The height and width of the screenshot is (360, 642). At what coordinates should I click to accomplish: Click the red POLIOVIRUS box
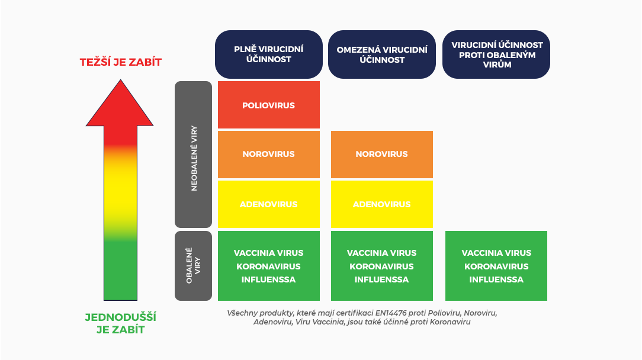tap(269, 105)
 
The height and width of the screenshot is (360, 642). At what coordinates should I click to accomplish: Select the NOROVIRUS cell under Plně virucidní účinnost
tap(269, 155)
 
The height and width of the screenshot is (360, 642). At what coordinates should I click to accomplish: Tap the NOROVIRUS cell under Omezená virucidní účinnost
tap(381, 155)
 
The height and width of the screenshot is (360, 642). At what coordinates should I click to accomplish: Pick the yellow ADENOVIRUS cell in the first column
tap(269, 204)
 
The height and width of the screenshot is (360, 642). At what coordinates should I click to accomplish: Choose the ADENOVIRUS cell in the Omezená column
tap(381, 204)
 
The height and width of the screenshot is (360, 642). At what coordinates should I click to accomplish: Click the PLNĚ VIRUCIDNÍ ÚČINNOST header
tap(269, 54)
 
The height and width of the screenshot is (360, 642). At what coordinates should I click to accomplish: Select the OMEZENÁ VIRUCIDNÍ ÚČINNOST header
tap(381, 54)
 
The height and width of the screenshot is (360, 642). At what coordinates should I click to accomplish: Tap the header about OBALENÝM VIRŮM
tap(496, 54)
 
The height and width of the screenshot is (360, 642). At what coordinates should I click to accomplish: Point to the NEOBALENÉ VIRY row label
tap(193, 155)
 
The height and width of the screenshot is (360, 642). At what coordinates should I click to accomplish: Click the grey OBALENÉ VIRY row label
tap(193, 266)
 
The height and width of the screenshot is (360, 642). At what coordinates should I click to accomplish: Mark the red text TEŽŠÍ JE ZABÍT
tap(121, 62)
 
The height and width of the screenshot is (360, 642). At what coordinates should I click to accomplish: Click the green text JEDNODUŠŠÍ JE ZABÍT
tap(121, 323)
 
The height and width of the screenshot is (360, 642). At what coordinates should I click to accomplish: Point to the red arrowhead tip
tap(120, 80)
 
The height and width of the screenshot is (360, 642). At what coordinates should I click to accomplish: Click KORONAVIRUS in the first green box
tap(269, 266)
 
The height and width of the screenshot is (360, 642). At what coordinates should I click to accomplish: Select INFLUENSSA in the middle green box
tap(381, 279)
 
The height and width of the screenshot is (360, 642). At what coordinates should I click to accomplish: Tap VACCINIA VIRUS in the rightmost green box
tap(496, 253)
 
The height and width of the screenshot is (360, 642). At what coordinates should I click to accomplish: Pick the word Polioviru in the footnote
tap(444, 313)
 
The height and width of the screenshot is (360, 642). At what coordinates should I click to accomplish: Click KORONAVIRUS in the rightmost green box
tap(496, 266)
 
